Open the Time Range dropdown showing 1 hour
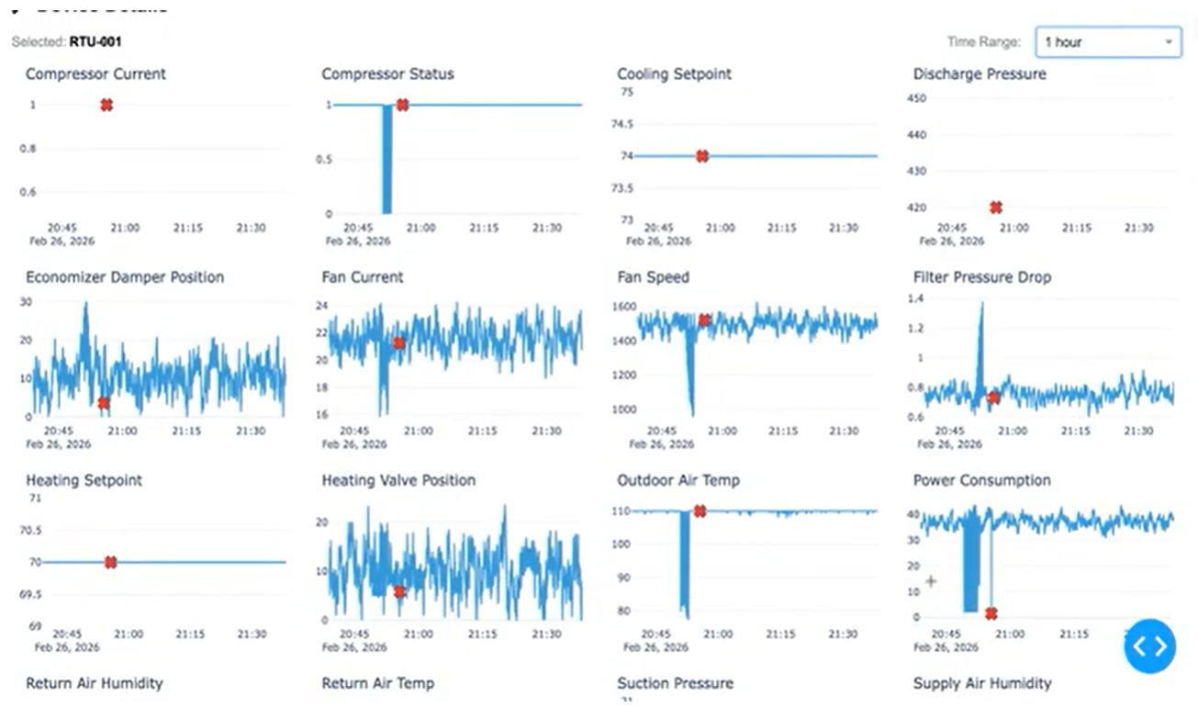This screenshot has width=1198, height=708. tap(1108, 42)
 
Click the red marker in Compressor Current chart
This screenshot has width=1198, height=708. tap(106, 105)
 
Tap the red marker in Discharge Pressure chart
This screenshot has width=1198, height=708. tap(996, 208)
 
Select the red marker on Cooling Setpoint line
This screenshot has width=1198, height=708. tap(702, 156)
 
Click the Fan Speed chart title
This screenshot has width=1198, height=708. tap(653, 277)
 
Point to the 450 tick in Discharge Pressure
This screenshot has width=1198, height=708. tap(917, 98)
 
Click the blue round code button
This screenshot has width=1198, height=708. tap(1149, 646)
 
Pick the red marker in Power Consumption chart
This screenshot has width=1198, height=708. tap(991, 613)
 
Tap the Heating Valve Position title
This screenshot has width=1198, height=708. tap(398, 480)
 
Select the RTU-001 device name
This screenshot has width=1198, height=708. tap(95, 41)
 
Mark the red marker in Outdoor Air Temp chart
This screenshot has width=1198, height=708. tap(700, 511)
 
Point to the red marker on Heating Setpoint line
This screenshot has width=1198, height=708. tap(110, 562)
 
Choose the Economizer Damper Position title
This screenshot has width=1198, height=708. tap(125, 277)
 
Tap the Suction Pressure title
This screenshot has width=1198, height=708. tap(675, 683)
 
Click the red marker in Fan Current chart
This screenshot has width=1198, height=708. tap(399, 343)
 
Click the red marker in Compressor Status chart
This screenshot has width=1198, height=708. tap(402, 105)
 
